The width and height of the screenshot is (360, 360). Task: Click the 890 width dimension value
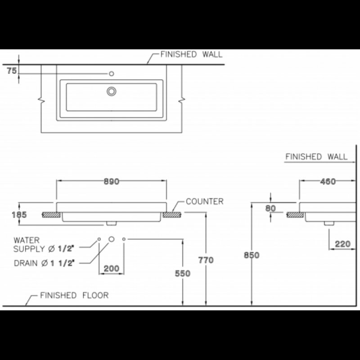(111, 182)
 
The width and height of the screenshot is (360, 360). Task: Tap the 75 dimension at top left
(12, 70)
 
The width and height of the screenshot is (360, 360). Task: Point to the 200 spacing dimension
(111, 269)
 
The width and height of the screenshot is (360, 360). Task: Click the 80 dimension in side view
(270, 208)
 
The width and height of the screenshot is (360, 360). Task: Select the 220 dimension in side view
(342, 244)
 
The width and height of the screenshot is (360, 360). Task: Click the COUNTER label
(204, 202)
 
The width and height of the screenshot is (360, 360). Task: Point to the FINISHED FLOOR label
(74, 296)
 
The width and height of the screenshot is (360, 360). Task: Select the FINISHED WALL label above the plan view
(192, 55)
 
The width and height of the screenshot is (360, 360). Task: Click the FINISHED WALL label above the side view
(316, 157)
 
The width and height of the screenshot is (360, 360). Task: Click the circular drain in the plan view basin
(111, 91)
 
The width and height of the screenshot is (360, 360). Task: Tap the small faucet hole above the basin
(111, 73)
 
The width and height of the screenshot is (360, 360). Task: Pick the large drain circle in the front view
(112, 239)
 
